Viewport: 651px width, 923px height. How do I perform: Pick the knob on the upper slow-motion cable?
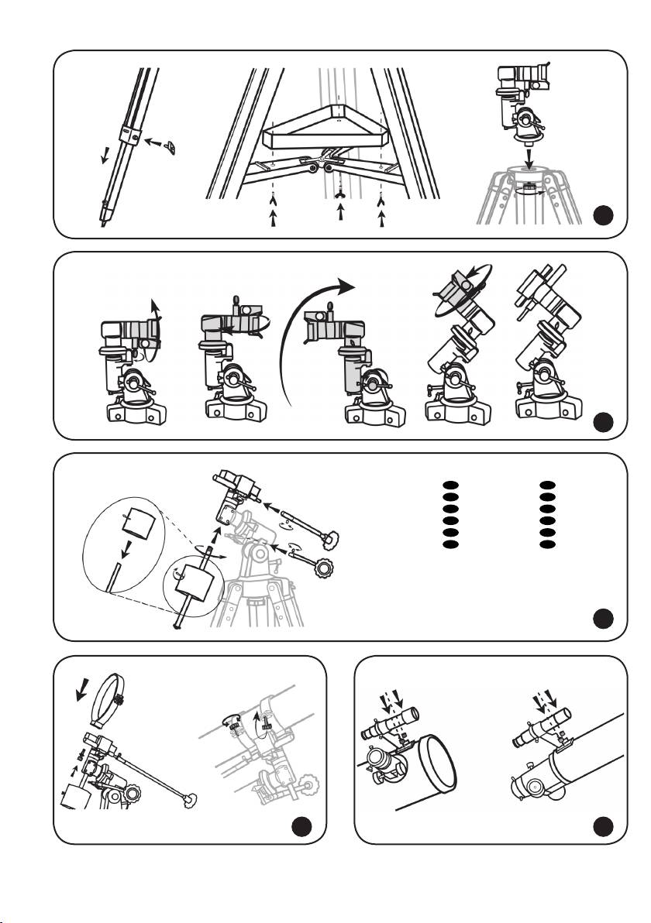(x=332, y=534)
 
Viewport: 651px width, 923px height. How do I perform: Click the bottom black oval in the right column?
(x=547, y=544)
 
